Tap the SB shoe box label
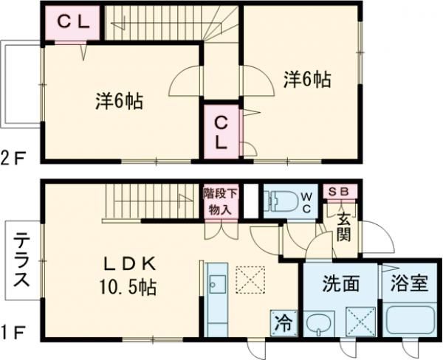[340, 192]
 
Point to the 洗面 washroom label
[340, 284]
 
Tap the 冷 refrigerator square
[282, 322]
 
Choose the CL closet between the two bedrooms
[221, 132]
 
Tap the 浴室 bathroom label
[409, 284]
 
